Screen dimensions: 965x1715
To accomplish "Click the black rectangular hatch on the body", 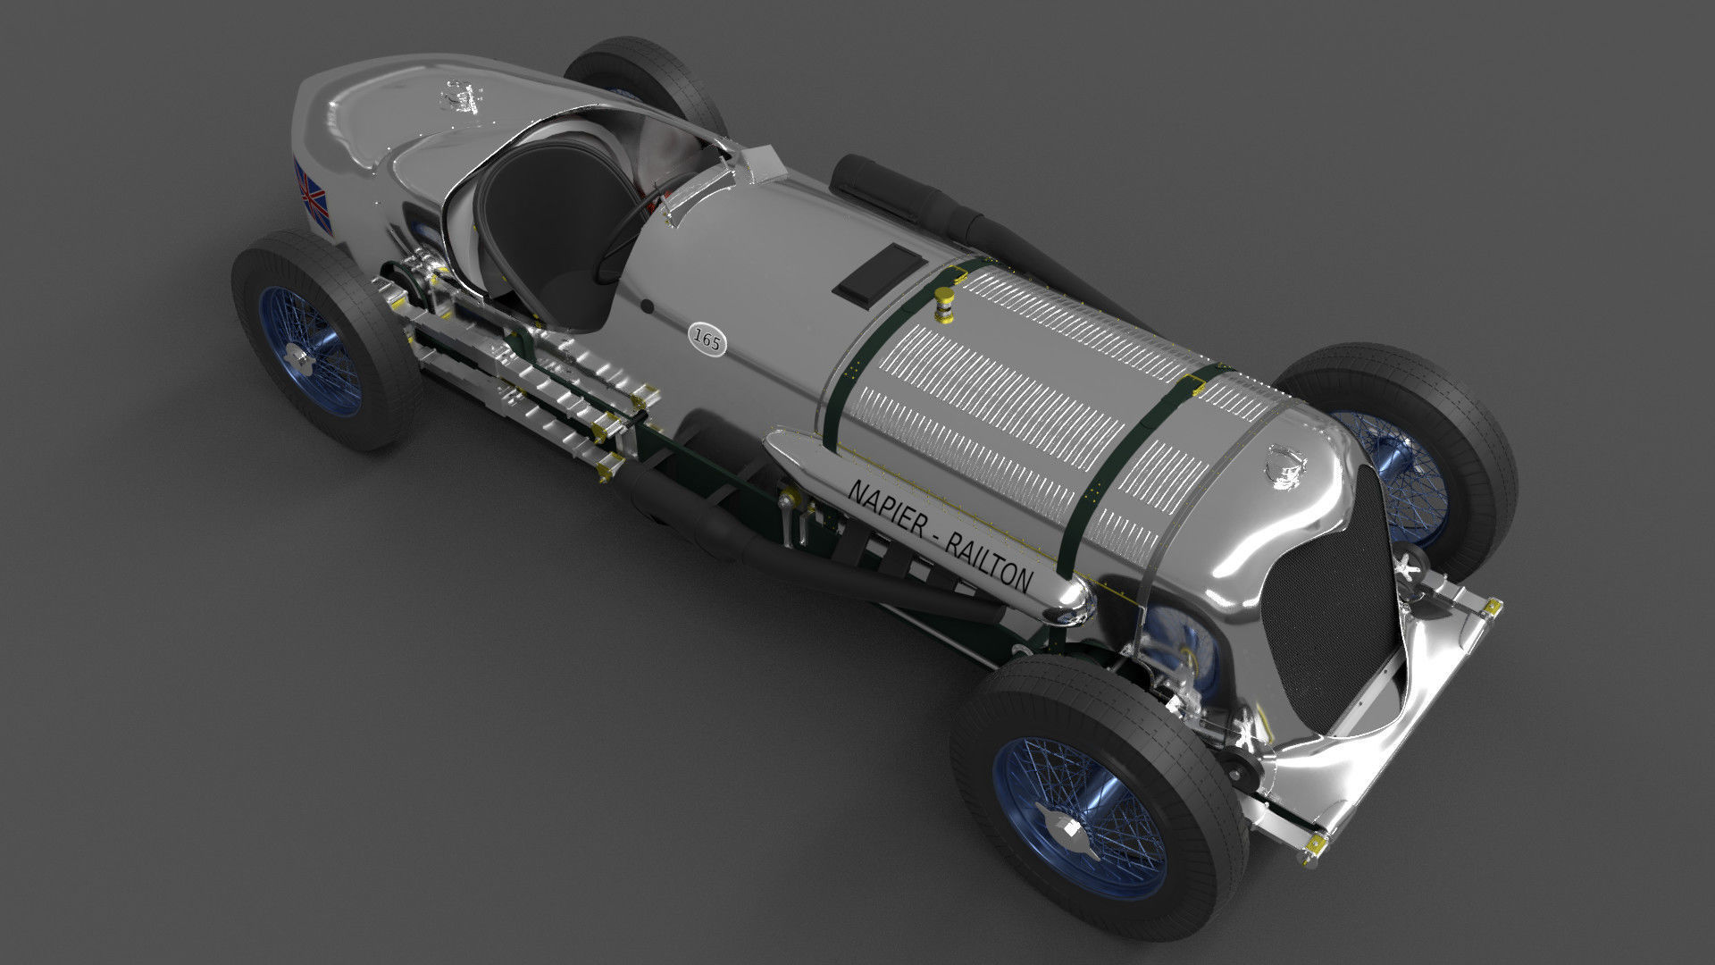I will (877, 273).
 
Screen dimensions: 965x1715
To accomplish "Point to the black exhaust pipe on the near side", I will (804, 554).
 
